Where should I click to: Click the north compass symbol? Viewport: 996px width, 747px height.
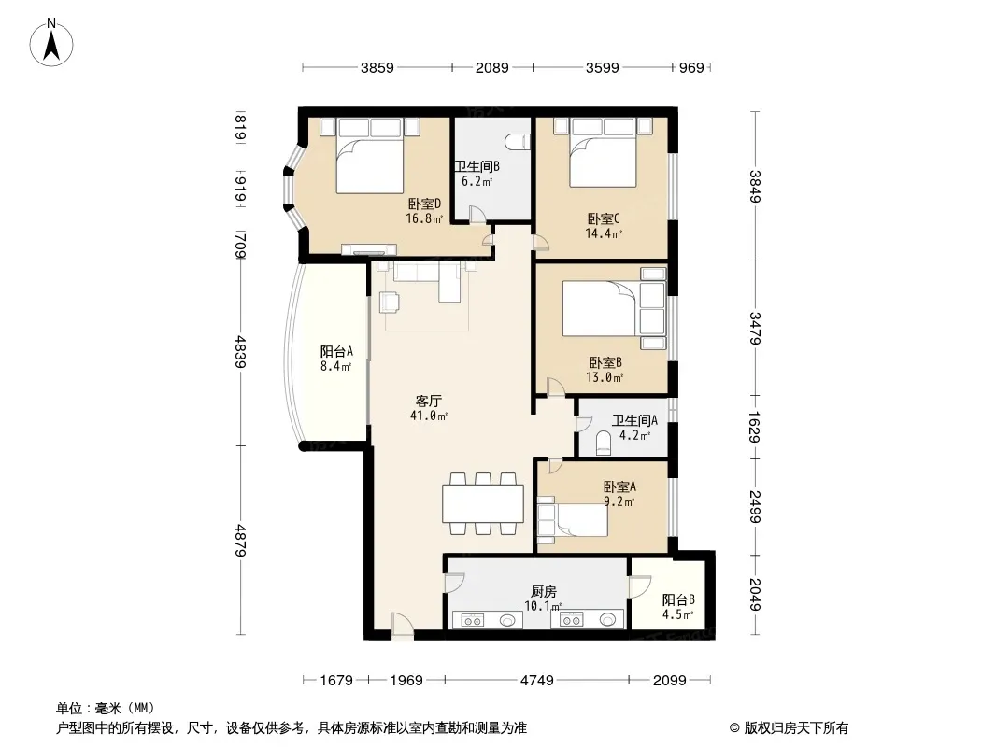(x=51, y=42)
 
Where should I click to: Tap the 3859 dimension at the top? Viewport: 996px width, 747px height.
(x=377, y=68)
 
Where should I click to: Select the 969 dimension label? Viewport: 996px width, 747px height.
(x=691, y=68)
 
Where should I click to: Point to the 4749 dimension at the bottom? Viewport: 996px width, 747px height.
(x=536, y=681)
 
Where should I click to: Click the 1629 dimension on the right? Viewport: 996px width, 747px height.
(x=755, y=427)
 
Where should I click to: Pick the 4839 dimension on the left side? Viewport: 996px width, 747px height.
(x=241, y=352)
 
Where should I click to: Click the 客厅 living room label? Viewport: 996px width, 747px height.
(x=429, y=402)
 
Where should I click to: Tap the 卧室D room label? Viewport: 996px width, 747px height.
(x=424, y=204)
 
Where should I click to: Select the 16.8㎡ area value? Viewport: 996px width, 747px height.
(x=424, y=218)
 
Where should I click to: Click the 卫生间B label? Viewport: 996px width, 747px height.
(x=477, y=166)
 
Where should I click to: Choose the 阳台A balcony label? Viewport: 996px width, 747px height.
(x=336, y=352)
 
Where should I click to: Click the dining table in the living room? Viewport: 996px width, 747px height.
(x=483, y=503)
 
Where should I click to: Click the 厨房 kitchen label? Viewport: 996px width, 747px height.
(x=544, y=591)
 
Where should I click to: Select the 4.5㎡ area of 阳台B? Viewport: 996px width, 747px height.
(x=677, y=614)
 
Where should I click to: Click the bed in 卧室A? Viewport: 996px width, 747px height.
(x=573, y=520)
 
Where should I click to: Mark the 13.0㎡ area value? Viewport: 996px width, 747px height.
(x=605, y=377)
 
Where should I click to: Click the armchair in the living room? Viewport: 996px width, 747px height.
(x=390, y=303)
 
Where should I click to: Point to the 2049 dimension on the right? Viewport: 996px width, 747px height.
(x=755, y=595)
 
